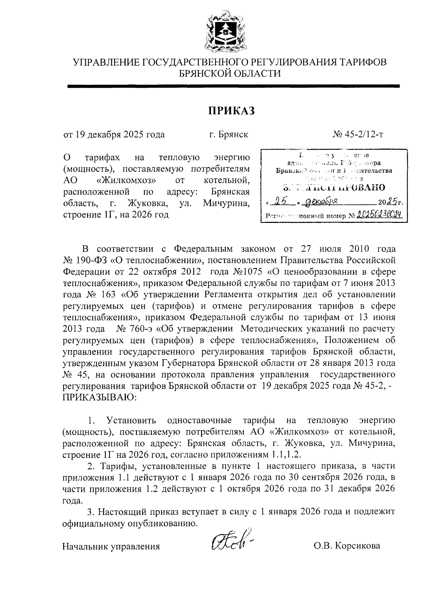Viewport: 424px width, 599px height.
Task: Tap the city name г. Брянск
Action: click(x=228, y=135)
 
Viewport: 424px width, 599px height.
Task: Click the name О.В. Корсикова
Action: click(x=347, y=546)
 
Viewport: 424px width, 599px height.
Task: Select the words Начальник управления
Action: click(x=111, y=546)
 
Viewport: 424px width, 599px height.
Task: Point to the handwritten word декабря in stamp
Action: click(x=322, y=202)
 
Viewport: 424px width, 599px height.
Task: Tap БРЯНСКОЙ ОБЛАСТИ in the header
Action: click(x=230, y=73)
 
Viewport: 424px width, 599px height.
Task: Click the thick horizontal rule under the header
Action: click(x=233, y=86)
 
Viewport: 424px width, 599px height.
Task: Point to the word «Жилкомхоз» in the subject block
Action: click(x=126, y=181)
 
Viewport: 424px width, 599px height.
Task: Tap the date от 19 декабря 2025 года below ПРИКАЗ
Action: click(x=114, y=135)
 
